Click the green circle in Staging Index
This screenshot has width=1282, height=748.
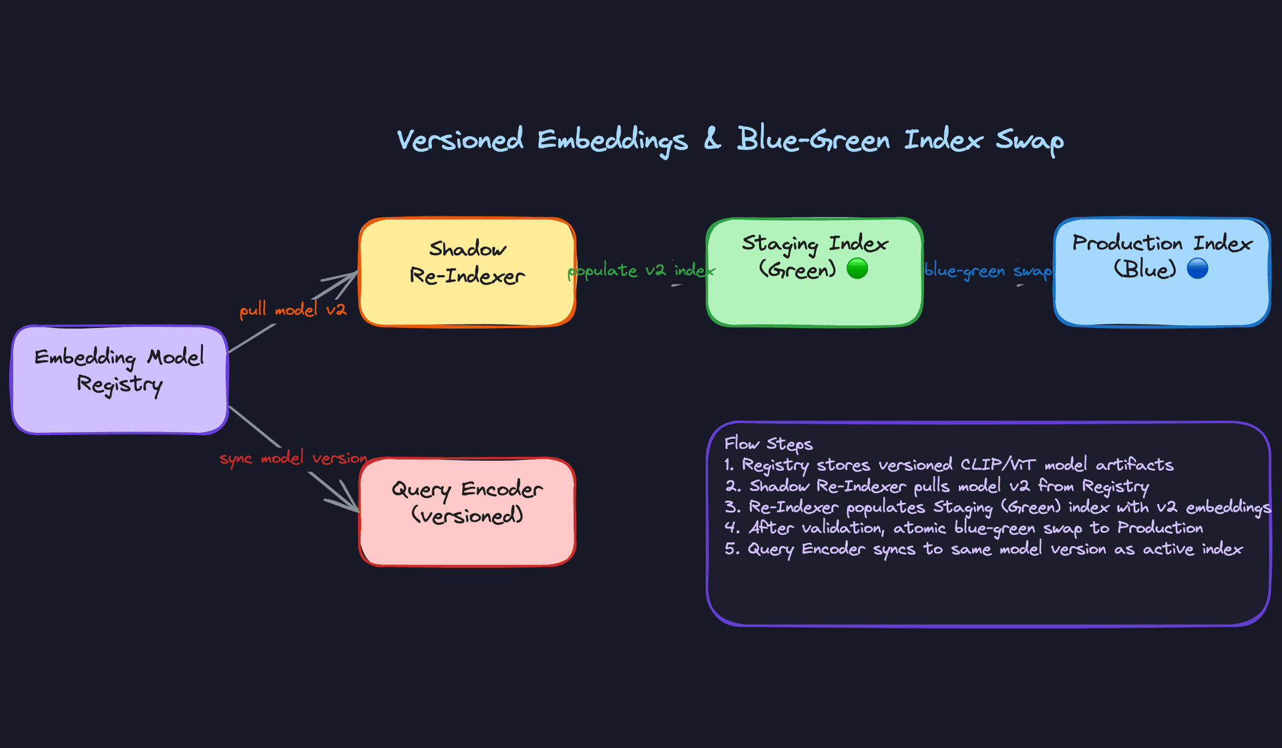click(x=857, y=268)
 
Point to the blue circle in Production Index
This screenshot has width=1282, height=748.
click(x=1197, y=268)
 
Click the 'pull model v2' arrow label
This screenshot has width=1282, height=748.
click(x=293, y=310)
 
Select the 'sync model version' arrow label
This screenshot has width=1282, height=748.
click(x=293, y=458)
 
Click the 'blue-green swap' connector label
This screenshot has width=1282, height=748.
click(x=988, y=270)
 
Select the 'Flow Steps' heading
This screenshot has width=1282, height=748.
click(x=769, y=444)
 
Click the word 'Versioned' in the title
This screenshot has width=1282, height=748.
click(x=460, y=140)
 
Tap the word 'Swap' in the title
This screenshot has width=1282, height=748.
click(x=1030, y=140)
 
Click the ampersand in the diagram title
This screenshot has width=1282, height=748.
click(x=712, y=139)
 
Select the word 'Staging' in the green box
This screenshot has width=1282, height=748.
click(x=780, y=244)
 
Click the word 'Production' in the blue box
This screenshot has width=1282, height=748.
click(x=1127, y=243)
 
